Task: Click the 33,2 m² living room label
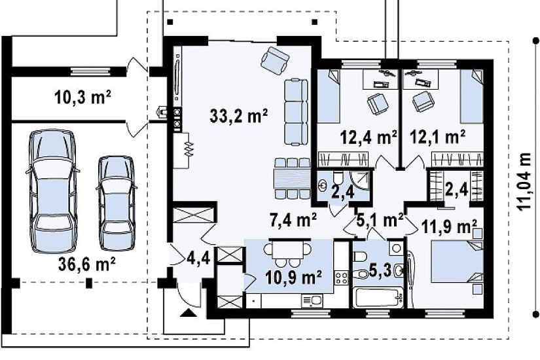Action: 238,116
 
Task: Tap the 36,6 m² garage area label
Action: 87,264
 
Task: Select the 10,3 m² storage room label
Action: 82,97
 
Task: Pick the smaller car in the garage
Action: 116,202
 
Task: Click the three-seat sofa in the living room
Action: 296,112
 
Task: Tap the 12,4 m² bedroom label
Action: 369,137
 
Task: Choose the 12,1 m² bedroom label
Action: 438,136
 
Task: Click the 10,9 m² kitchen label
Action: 294,278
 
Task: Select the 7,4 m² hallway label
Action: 293,220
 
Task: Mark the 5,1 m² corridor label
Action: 380,219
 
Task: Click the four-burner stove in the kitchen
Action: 342,278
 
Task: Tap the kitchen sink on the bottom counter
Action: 312,300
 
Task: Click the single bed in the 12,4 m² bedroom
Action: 328,96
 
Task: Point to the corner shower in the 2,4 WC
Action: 360,179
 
